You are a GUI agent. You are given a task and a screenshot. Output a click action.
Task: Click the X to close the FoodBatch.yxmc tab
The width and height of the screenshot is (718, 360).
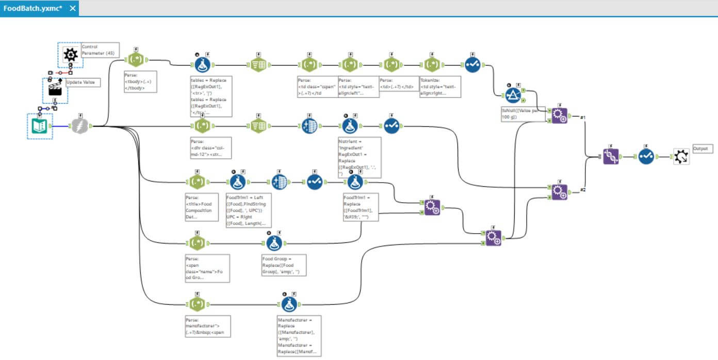pos(72,9)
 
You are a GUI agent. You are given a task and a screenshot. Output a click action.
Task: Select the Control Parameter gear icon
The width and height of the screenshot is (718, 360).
pos(70,55)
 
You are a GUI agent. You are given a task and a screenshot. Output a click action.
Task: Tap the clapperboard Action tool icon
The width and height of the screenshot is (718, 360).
pos(55,91)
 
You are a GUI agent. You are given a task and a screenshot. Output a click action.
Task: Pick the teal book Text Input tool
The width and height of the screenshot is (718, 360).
pos(40,126)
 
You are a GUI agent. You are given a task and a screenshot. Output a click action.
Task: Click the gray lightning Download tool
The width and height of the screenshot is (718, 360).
pos(79,126)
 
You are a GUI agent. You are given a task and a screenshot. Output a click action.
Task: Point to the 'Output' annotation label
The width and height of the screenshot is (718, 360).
pos(700,148)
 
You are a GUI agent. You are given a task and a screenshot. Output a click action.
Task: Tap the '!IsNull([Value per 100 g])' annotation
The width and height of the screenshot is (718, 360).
pos(523,114)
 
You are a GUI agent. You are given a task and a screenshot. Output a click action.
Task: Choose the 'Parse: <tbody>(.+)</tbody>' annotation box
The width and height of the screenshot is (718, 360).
pos(140,81)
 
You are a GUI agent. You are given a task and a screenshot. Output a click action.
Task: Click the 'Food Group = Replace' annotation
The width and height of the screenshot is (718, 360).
pos(283,265)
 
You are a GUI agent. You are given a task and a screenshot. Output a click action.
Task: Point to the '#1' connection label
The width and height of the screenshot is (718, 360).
pos(582,118)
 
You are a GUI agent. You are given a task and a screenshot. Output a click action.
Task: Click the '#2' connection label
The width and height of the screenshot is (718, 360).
pos(582,190)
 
